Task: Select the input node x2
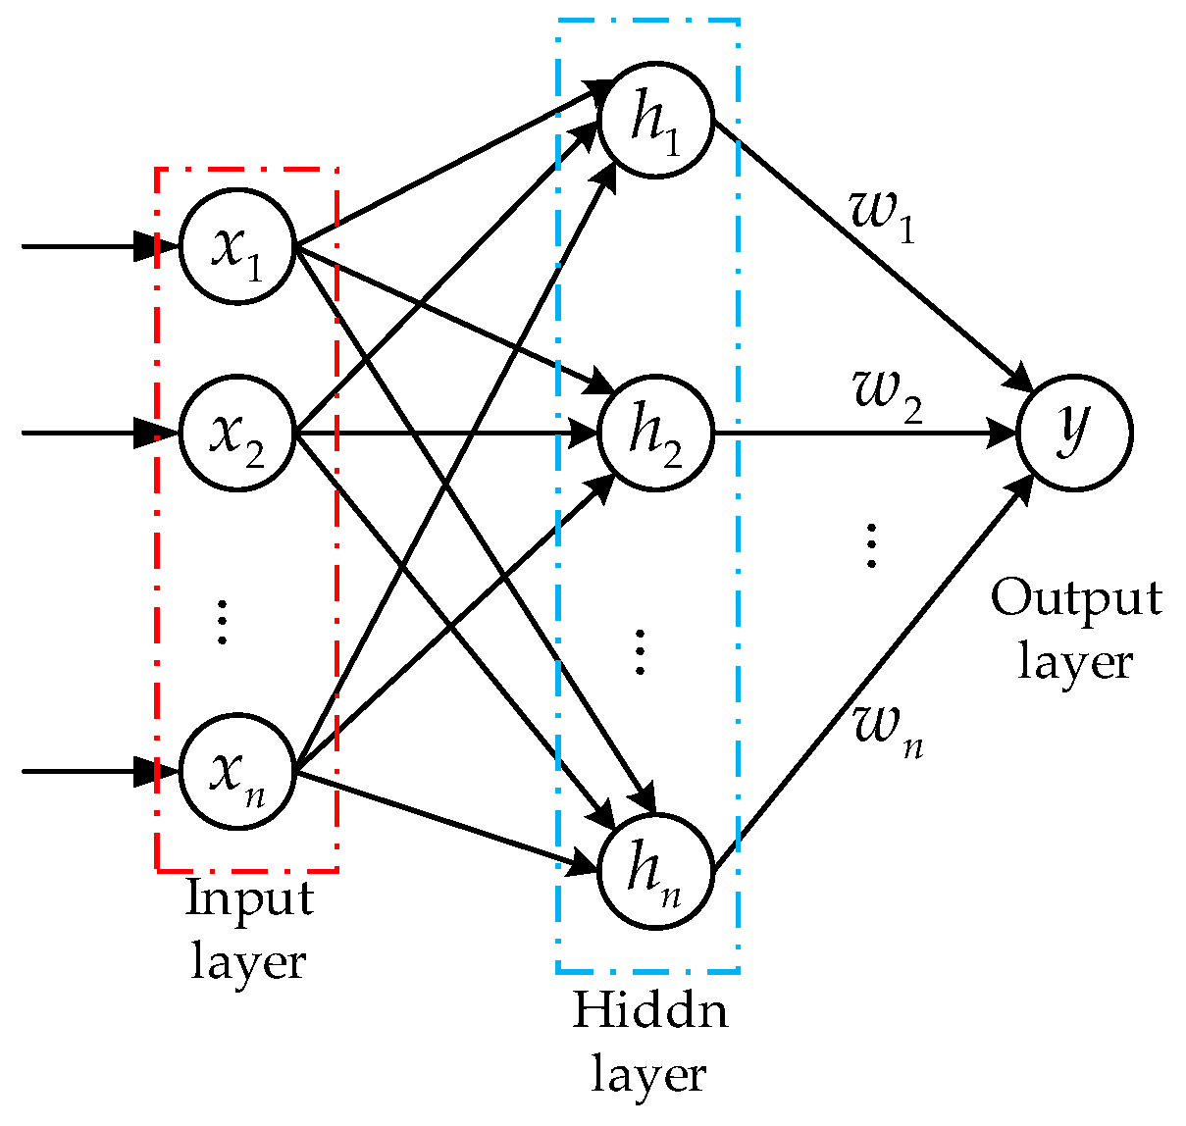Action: (x=236, y=433)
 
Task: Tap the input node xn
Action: (x=236, y=771)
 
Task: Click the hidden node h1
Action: (x=656, y=121)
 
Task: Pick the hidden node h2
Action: (x=656, y=433)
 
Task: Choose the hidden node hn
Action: (x=656, y=870)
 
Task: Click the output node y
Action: (x=1075, y=433)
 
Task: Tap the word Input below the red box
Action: (x=249, y=898)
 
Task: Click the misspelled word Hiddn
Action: (x=650, y=1011)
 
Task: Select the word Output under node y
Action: (x=1075, y=597)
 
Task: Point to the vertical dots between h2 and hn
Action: (x=640, y=652)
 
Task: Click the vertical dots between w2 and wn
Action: (x=870, y=545)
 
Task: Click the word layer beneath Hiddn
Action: (x=648, y=1074)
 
